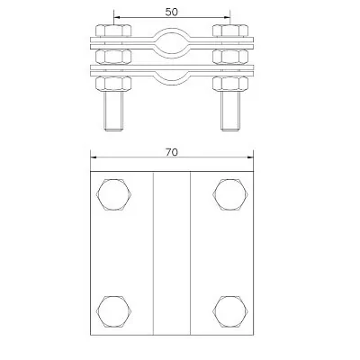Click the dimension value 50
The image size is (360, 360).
171,12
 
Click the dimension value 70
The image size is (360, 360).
172,152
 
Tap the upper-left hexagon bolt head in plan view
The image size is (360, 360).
114,194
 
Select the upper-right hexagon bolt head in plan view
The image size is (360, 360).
230,194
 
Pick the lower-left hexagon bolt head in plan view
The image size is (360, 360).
114,311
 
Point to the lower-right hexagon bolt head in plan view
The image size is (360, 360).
230,311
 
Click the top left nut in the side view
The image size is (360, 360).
113,31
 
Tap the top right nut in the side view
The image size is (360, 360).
230,31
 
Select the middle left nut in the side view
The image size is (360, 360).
113,57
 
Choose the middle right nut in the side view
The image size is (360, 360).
230,57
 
